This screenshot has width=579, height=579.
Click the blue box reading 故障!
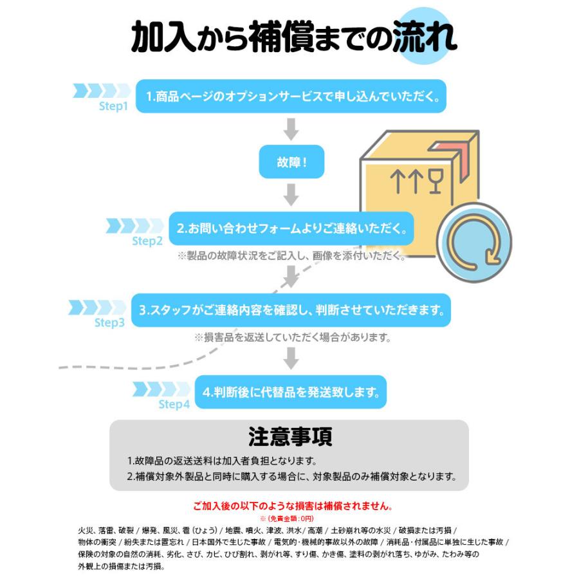(291, 162)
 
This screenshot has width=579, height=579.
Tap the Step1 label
(114, 106)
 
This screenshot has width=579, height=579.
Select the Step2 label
(147, 241)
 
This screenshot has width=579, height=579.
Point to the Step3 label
(109, 322)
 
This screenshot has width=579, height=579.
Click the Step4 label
(174, 405)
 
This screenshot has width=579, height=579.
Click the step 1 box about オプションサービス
(291, 96)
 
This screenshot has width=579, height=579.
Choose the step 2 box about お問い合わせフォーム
(291, 228)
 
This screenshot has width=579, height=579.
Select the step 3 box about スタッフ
(291, 310)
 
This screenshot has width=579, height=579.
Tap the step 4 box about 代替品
(291, 391)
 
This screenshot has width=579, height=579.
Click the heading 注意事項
(290, 437)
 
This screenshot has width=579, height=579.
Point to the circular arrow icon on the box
(474, 243)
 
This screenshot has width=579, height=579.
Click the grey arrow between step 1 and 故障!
(291, 129)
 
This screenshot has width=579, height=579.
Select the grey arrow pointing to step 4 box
(291, 358)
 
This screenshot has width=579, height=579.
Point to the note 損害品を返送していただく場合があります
(293, 337)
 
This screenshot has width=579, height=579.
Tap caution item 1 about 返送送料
(221, 461)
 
